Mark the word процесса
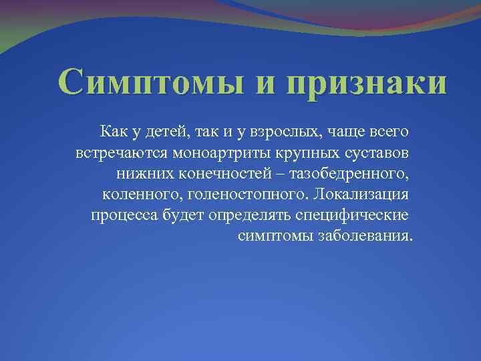tap(123, 216)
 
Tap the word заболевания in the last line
tap(367, 238)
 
